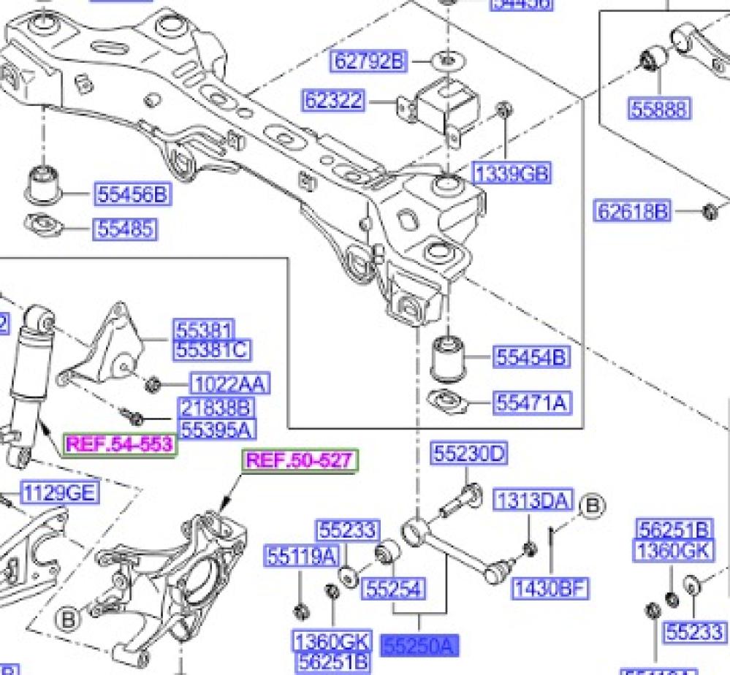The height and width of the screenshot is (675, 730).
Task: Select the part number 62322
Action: coord(333,99)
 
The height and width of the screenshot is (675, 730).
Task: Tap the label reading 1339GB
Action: coord(512,173)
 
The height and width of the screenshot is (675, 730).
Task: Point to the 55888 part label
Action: coord(658,109)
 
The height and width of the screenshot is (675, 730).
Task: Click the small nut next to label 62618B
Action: coord(707,212)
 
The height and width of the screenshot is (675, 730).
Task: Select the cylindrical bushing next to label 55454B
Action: coord(447,359)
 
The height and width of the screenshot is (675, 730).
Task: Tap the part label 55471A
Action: coord(532,402)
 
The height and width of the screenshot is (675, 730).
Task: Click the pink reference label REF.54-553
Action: coord(120,443)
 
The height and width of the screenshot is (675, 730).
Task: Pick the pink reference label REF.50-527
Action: coord(302,460)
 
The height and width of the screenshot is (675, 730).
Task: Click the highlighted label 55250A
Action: coord(419,644)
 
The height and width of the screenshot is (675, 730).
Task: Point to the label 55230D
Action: coord(469,454)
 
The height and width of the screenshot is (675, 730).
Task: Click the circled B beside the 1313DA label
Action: coord(591,505)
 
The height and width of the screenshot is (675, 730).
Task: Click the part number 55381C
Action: coord(210,350)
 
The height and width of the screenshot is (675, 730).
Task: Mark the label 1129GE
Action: coord(58,492)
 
